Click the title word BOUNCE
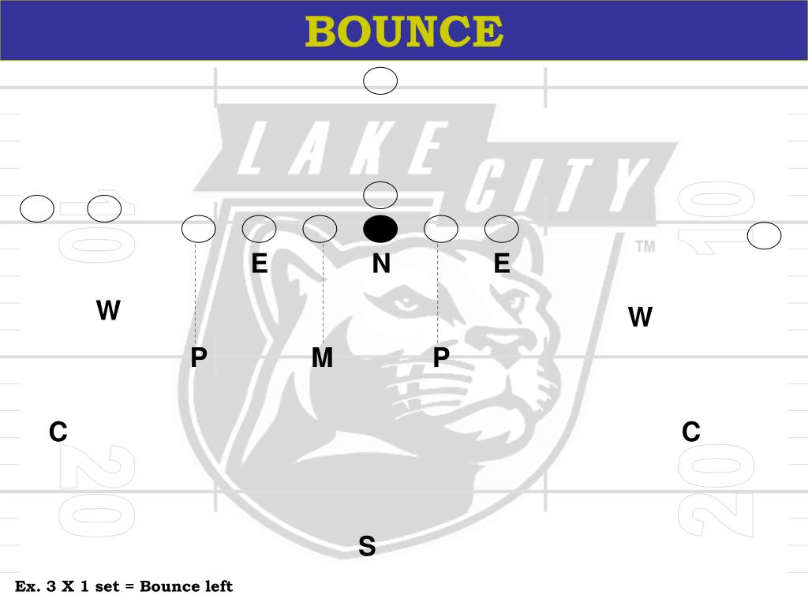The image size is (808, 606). (x=404, y=32)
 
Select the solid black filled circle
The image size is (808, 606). (x=380, y=229)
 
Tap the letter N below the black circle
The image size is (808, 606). (x=381, y=264)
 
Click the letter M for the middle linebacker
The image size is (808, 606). (x=322, y=358)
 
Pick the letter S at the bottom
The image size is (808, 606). (x=367, y=546)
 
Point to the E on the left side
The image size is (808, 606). (x=259, y=264)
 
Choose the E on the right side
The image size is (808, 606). (x=502, y=264)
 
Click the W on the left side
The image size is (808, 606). (x=108, y=311)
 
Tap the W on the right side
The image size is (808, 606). (x=640, y=317)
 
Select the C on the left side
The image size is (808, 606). (x=58, y=432)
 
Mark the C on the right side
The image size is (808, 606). (x=690, y=432)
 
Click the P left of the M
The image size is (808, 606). (x=199, y=358)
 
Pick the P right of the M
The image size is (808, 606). (x=441, y=358)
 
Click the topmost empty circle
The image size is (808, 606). (x=380, y=81)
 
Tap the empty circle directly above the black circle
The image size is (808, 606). (x=380, y=194)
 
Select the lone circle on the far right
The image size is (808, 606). (x=764, y=236)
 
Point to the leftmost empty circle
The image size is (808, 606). (x=37, y=209)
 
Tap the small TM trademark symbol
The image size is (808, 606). (x=645, y=247)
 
